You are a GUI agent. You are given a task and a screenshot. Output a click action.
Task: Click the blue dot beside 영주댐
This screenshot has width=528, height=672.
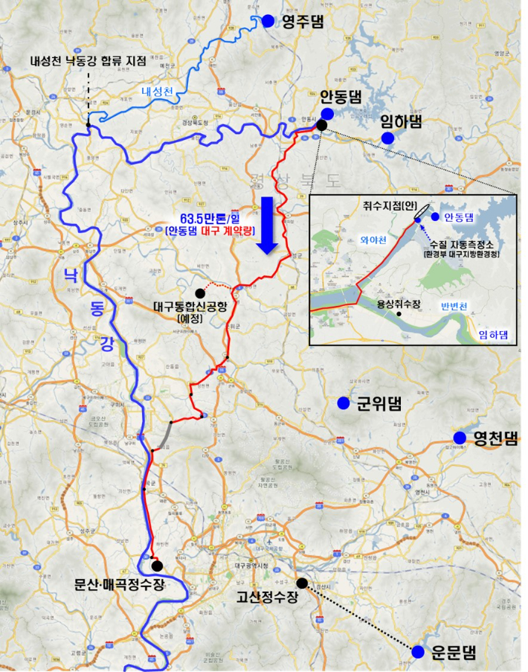(x=268, y=22)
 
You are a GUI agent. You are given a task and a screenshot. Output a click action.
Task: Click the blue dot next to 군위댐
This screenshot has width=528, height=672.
(x=343, y=403)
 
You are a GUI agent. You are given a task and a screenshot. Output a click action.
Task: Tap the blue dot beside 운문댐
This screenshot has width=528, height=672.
(x=418, y=652)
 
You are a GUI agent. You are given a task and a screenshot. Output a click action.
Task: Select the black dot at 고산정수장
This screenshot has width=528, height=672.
(x=301, y=583)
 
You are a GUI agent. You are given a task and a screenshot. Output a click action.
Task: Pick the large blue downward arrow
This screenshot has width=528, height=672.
(x=266, y=225)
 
